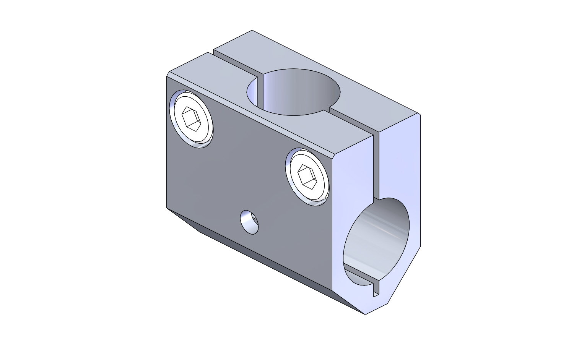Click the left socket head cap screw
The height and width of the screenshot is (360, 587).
coord(191,118)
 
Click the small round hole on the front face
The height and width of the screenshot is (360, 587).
coord(249,222)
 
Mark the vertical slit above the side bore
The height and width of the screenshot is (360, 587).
coord(376,164)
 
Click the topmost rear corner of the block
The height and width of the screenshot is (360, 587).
coord(252,30)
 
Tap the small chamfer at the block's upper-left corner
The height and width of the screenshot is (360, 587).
coord(168,74)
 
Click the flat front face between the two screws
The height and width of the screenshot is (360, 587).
coord(249,161)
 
